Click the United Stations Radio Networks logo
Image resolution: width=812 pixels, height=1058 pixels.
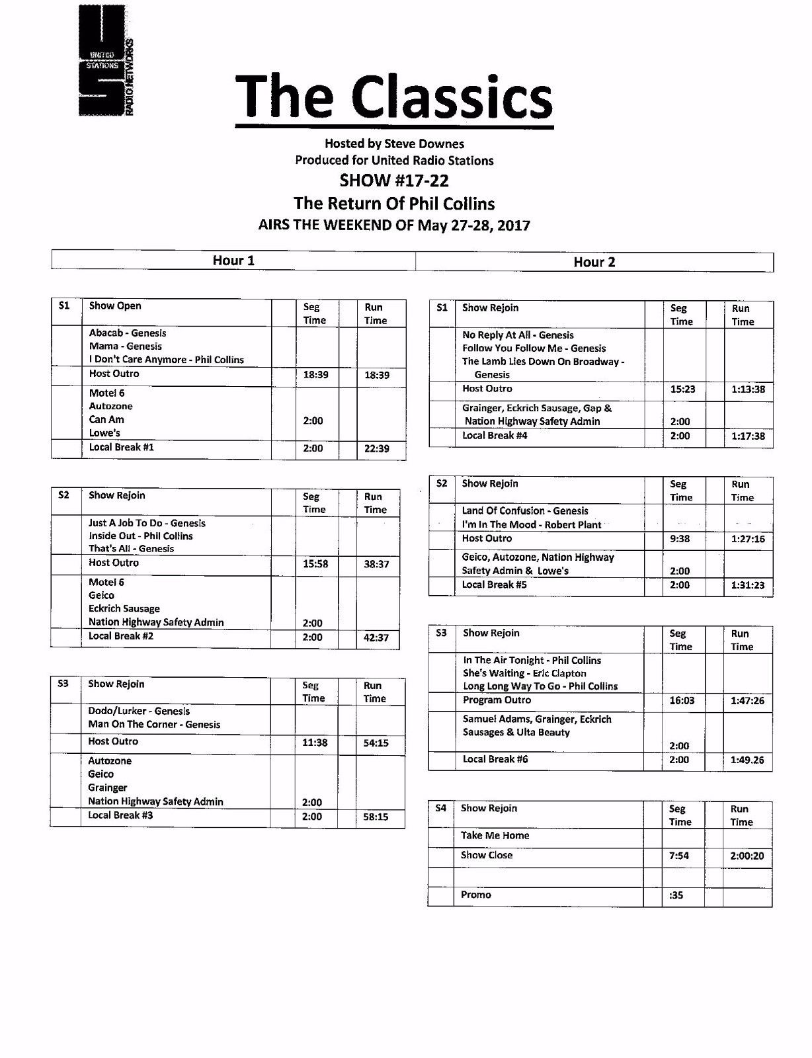pyautogui.click(x=105, y=61)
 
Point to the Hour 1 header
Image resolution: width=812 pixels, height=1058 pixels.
pyautogui.click(x=233, y=261)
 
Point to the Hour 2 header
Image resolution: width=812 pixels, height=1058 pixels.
pyautogui.click(x=594, y=262)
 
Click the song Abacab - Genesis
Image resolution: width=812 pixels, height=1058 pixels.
pyautogui.click(x=128, y=333)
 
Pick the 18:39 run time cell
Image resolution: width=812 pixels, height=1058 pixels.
pyautogui.click(x=376, y=375)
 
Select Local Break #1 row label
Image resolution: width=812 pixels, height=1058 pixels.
pyautogui.click(x=122, y=447)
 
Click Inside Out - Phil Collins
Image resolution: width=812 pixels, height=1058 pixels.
pyautogui.click(x=140, y=536)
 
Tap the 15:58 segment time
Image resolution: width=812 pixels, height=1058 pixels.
pyautogui.click(x=315, y=564)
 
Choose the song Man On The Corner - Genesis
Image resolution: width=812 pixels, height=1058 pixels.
pyautogui.click(x=154, y=724)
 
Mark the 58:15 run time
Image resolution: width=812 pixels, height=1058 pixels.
pyautogui.click(x=376, y=817)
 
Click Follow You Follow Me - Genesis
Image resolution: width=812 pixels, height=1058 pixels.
pyautogui.click(x=534, y=348)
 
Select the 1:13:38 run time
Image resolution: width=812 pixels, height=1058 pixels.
pyautogui.click(x=748, y=389)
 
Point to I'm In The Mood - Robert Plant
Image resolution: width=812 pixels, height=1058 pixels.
pyautogui.click(x=531, y=524)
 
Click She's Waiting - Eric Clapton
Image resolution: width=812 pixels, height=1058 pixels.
pyautogui.click(x=524, y=673)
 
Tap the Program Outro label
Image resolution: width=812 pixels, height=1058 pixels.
pyautogui.click(x=497, y=700)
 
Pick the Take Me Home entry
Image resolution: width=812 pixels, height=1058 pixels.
pyautogui.click(x=495, y=835)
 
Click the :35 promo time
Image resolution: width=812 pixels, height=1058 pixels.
pyautogui.click(x=676, y=895)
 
